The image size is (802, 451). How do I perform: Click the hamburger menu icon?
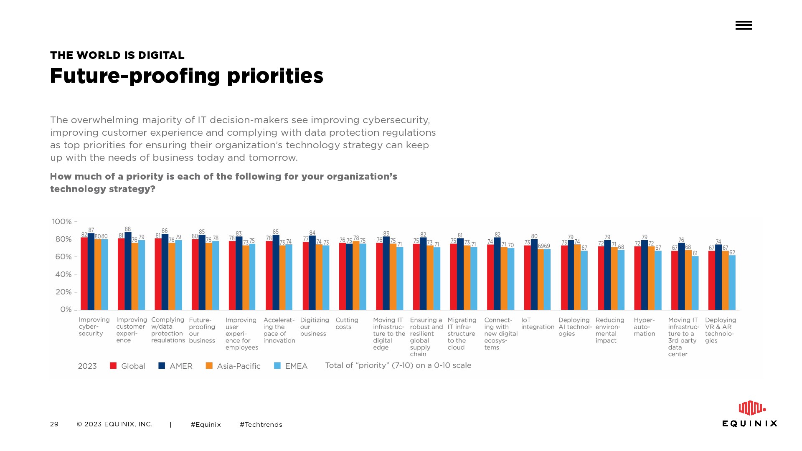point(744,25)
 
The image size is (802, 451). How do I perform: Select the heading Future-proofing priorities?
point(186,76)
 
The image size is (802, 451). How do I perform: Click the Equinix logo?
point(750,414)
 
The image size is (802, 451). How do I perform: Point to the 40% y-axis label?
point(63,274)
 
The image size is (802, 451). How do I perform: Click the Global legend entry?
point(127,366)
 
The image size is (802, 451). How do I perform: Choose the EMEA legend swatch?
point(277,366)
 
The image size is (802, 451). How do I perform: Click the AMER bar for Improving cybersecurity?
point(91,271)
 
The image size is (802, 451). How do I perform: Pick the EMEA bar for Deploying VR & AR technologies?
point(732,282)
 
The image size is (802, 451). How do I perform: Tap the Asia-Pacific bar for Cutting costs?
point(356,276)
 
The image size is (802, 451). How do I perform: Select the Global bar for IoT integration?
point(528,278)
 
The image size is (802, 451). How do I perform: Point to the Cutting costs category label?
point(347,324)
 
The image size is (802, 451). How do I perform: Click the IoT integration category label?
point(538,324)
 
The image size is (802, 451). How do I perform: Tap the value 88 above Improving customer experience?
point(128,229)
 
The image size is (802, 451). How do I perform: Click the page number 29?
point(54,424)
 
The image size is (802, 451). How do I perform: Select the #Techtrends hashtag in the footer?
point(261,425)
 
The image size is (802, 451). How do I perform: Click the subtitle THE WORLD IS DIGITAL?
point(117,56)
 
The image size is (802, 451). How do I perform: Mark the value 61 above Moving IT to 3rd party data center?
point(695,253)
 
